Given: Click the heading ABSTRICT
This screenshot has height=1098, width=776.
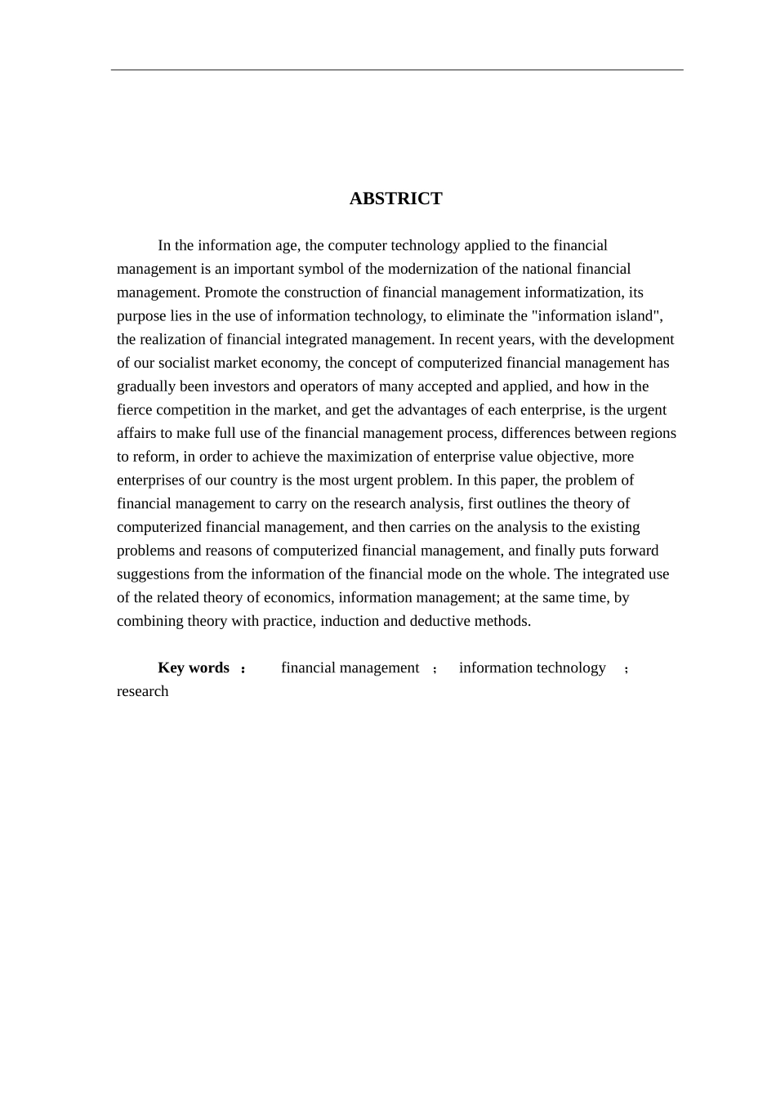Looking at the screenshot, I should [395, 199].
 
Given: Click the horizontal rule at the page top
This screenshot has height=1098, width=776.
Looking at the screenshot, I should [397, 70].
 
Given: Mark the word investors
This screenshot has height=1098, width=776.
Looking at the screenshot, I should [243, 386].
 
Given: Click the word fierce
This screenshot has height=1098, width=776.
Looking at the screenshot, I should [135, 410].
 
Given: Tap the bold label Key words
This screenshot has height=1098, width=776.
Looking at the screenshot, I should [194, 668].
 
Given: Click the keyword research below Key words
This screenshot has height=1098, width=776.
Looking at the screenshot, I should [143, 692].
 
